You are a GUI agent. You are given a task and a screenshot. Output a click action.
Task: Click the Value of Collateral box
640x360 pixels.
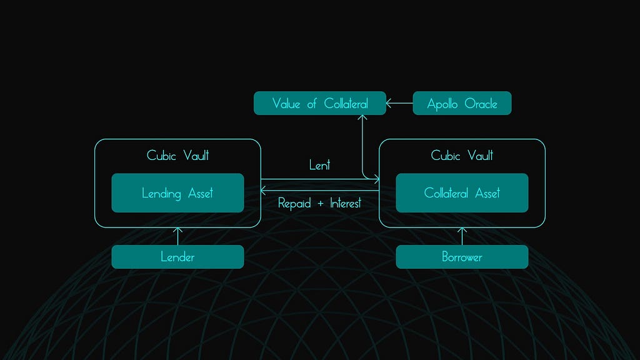(319, 103)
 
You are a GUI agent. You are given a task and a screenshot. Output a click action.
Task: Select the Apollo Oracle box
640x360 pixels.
(462, 103)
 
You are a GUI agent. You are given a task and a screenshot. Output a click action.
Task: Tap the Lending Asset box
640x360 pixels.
(177, 193)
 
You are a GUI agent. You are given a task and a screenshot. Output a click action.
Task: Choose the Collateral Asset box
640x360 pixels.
(462, 193)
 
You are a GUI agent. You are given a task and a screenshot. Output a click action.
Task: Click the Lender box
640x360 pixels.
(177, 257)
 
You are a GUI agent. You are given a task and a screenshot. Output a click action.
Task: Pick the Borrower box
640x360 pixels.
(462, 257)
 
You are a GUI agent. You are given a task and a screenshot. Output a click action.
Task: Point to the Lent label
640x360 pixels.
(319, 166)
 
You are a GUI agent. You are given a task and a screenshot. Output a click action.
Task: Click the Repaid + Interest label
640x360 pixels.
(319, 203)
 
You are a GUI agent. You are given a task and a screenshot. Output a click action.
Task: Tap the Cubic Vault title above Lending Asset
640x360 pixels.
(177, 155)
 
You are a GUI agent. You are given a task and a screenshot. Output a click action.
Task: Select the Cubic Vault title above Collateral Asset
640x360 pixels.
(462, 155)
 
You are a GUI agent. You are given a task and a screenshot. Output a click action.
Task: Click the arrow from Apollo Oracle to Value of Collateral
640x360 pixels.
(399, 103)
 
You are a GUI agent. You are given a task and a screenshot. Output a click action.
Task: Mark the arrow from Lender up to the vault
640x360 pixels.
(177, 236)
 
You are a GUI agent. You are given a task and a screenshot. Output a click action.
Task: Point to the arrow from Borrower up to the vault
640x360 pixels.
(462, 236)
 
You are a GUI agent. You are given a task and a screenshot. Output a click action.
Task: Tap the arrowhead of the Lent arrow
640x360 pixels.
(377, 180)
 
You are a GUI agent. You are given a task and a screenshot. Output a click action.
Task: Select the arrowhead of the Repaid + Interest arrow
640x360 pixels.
(263, 190)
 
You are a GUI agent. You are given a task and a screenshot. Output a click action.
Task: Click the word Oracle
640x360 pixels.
(481, 104)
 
